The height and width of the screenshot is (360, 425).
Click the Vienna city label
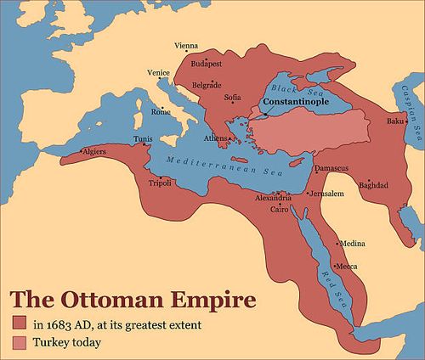(x=186, y=45)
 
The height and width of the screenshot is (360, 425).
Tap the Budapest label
(x=207, y=64)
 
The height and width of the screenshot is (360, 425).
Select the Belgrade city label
(x=207, y=85)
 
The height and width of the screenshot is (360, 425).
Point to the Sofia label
(x=233, y=98)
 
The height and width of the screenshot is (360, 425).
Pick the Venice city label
(x=159, y=73)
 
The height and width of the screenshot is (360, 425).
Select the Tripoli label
(x=160, y=182)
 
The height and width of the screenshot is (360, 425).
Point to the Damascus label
(x=331, y=168)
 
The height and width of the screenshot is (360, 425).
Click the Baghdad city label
(x=374, y=185)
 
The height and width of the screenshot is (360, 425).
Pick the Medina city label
(x=353, y=243)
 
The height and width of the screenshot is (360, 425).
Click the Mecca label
(x=348, y=267)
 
